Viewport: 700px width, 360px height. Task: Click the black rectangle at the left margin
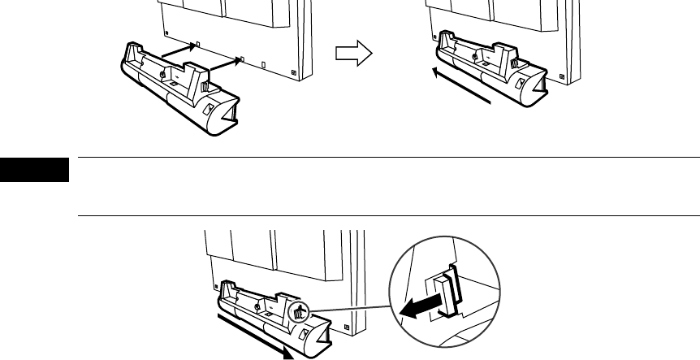[x=35, y=171]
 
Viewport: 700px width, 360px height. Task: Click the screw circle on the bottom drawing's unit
[x=257, y=306]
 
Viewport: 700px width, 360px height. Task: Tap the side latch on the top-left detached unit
[x=205, y=84]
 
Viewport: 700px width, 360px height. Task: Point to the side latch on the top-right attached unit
[x=516, y=60]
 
